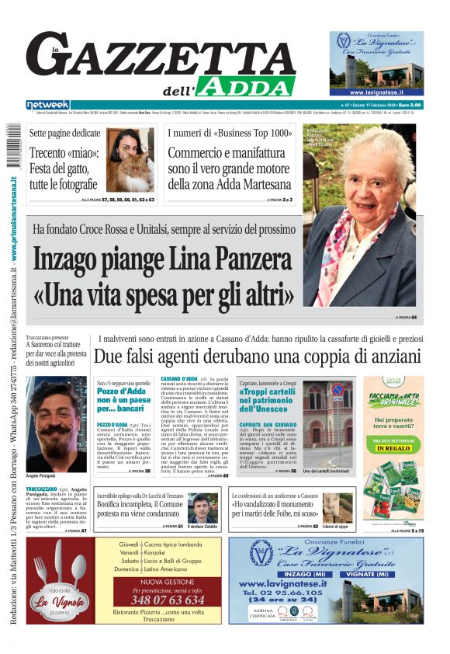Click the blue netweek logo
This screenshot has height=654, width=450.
(47, 105)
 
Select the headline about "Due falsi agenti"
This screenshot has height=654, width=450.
(257, 357)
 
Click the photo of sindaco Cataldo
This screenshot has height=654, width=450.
(202, 507)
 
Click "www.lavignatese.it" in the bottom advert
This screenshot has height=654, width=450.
(282, 583)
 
